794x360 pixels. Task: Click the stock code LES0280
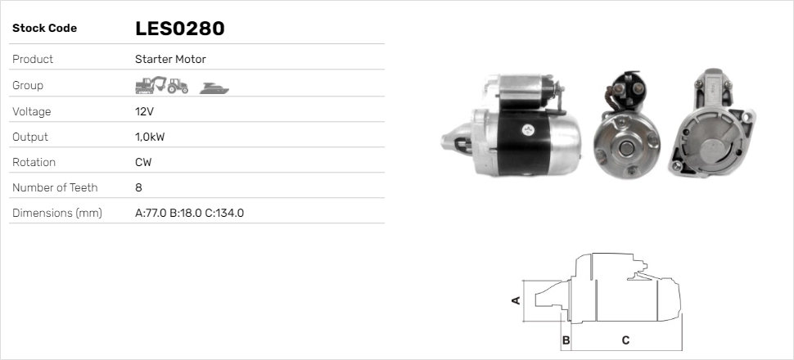[x=179, y=29]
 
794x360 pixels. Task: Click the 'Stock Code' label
[x=44, y=29]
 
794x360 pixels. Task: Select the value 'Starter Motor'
[x=170, y=59]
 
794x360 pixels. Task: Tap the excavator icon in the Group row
[x=151, y=84]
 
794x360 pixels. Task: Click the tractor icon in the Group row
[x=178, y=85]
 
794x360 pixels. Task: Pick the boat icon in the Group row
[x=214, y=86]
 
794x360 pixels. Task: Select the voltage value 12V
[x=145, y=111]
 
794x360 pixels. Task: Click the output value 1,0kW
[x=149, y=137]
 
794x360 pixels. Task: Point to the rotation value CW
[x=143, y=162]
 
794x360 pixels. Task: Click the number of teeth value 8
[x=138, y=187]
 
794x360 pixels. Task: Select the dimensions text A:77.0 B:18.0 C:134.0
[x=189, y=213]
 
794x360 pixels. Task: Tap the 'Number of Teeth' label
[x=55, y=187]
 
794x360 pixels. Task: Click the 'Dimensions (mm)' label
[x=56, y=213]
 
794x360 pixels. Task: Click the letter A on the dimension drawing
[x=516, y=300]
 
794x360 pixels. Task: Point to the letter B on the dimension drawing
[x=566, y=340]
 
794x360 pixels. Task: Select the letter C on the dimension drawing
[x=625, y=340]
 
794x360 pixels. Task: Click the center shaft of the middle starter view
[x=626, y=146]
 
